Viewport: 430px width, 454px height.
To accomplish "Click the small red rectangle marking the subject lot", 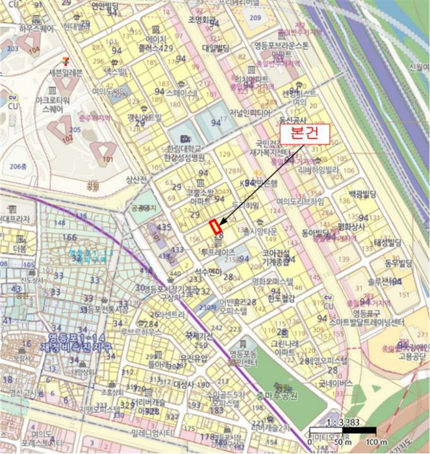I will (216, 227).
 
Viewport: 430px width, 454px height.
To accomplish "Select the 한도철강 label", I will (281, 298).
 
